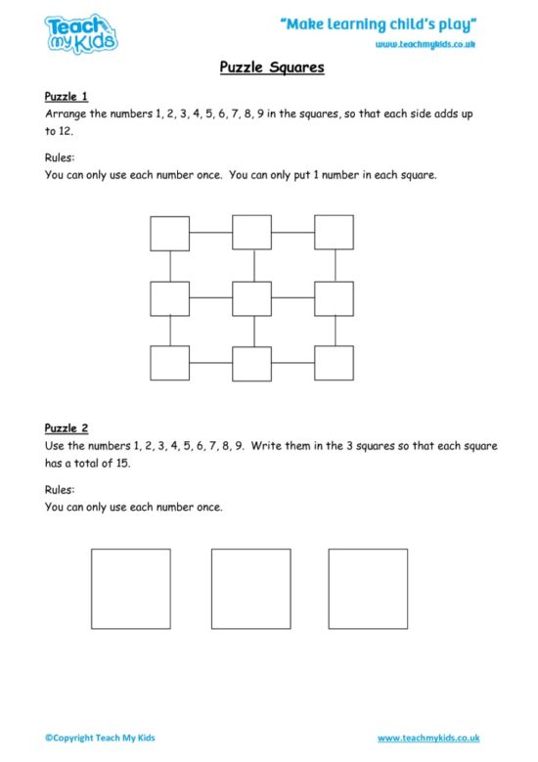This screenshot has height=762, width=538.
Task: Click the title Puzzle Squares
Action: [269, 69]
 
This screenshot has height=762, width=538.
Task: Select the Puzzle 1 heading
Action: [67, 97]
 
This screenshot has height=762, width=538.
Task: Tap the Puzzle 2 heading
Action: [67, 427]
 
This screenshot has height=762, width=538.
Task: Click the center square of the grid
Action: [251, 298]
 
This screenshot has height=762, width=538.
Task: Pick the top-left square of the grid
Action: [169, 233]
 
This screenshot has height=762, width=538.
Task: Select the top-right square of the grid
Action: [334, 233]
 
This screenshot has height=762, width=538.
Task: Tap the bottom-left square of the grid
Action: [169, 363]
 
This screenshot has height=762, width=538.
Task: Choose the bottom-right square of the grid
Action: [334, 363]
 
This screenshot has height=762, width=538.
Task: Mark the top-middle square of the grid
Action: [251, 233]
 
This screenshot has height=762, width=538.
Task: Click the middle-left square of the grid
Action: [169, 298]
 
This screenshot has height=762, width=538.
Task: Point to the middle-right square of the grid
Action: [334, 298]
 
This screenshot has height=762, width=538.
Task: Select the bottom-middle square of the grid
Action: [251, 363]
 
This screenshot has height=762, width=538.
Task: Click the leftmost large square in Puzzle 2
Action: [131, 588]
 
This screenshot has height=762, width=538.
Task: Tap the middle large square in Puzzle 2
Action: [251, 588]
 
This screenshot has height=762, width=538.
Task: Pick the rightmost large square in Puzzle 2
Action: [368, 588]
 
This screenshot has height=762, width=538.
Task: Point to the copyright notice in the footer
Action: [99, 738]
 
